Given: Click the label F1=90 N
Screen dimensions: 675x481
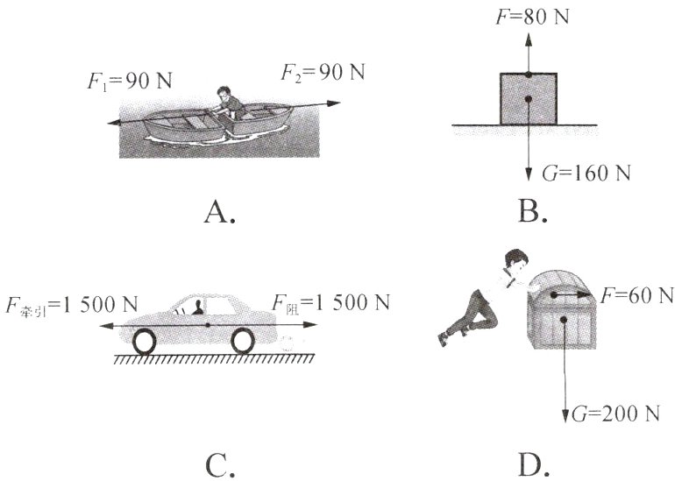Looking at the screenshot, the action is pos(130,81).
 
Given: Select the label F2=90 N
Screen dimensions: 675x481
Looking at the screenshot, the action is pos(323,72).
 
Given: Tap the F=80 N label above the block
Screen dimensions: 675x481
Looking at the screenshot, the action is pos(532,17).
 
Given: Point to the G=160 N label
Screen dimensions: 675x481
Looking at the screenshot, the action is pos(586,173).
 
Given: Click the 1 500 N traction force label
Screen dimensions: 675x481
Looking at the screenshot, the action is pos(72,305).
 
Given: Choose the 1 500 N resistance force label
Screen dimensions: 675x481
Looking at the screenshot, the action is pos(330,303).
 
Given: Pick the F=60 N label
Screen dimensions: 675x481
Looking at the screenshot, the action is pos(636,295).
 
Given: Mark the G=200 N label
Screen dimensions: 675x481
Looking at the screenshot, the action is pos(615,414).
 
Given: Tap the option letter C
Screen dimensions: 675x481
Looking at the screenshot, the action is pos(220,465).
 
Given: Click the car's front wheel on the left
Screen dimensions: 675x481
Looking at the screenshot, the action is pos(145,342).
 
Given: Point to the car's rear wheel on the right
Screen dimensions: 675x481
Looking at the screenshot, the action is pos(243,341).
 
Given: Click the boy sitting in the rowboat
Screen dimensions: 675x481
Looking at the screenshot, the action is pos(228,103).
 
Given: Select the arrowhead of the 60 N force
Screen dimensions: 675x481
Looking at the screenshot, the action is pos(583,294).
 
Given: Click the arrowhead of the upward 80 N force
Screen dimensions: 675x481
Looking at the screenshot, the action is pos(529,39).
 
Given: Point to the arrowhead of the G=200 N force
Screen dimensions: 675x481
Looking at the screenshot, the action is pos(565,416).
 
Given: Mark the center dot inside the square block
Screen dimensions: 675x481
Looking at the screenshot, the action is pos(529,99).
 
